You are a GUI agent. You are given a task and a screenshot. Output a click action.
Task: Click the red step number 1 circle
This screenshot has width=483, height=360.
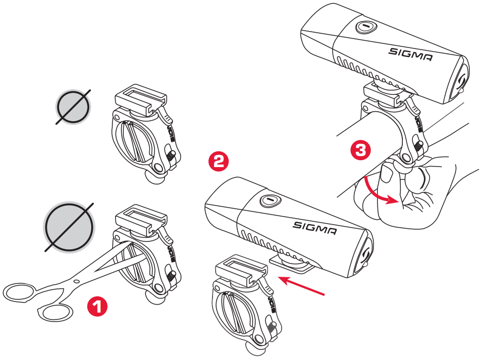pos(96,306)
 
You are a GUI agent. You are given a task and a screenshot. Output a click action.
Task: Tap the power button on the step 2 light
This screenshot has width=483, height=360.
pos(269,200)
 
